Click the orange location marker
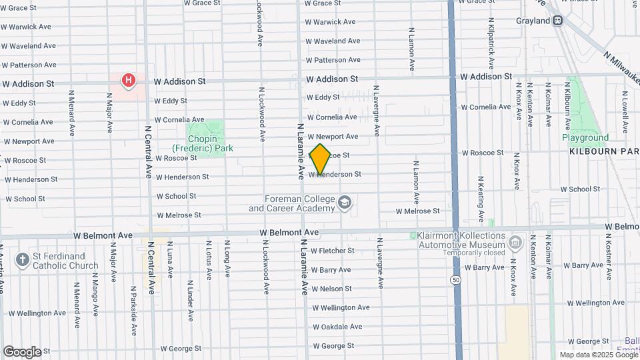(321, 159)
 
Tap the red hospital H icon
(128, 81)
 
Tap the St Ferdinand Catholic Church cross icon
(22, 260)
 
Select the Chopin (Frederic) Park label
(203, 143)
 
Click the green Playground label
(585, 138)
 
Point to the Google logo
(22, 351)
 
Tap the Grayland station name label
(532, 21)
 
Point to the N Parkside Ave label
(134, 312)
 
